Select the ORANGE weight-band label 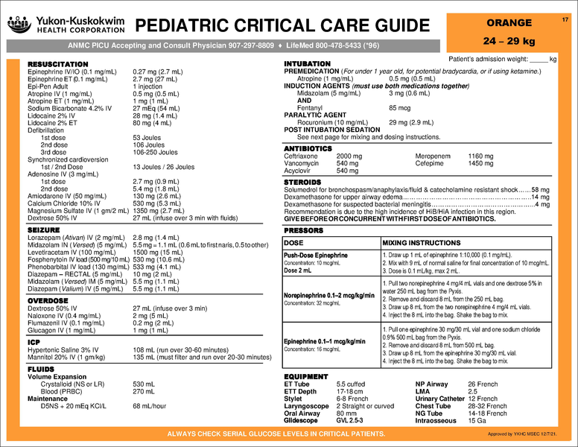coord(509,23)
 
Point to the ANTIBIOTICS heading coord(308,149)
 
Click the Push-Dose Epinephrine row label coord(316,256)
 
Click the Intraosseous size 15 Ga coord(477,421)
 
